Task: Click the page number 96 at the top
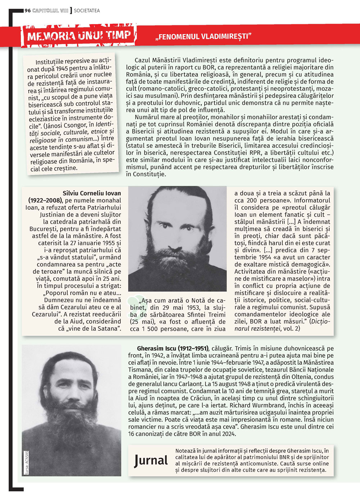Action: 28,10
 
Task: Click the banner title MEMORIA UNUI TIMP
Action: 79,36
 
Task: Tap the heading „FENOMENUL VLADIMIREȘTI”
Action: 203,36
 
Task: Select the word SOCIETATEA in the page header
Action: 87,10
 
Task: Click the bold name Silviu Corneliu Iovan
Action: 92,193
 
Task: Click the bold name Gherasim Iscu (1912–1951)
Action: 172,348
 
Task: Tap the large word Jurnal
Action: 151,460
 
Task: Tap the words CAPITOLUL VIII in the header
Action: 50,10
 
